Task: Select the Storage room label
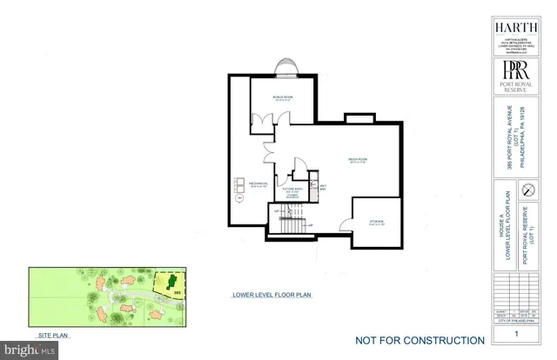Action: click(x=376, y=222)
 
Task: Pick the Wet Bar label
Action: click(x=322, y=187)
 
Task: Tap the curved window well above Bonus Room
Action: click(x=284, y=68)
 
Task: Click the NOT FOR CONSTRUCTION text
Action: click(x=419, y=340)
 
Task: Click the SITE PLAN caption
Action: click(x=53, y=334)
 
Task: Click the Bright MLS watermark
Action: click(x=28, y=350)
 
